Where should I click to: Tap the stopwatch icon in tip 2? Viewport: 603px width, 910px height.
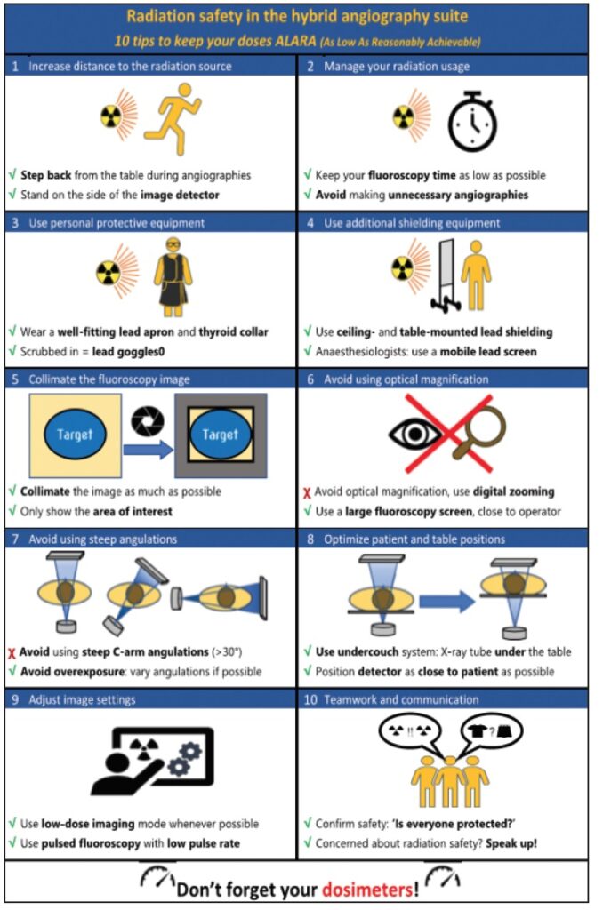(473, 121)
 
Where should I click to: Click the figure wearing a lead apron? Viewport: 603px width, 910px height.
(173, 277)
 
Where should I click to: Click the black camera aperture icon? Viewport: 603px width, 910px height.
(148, 420)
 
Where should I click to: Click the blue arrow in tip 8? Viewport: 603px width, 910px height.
(446, 602)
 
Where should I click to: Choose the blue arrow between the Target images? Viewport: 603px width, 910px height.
(149, 450)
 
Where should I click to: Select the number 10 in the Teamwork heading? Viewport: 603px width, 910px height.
(310, 699)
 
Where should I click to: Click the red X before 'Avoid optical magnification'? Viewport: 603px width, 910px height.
(307, 493)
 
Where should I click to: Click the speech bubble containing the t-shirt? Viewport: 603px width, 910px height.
(491, 731)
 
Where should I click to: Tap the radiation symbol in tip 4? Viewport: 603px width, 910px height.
(403, 268)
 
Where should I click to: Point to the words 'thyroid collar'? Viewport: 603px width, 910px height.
(234, 332)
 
